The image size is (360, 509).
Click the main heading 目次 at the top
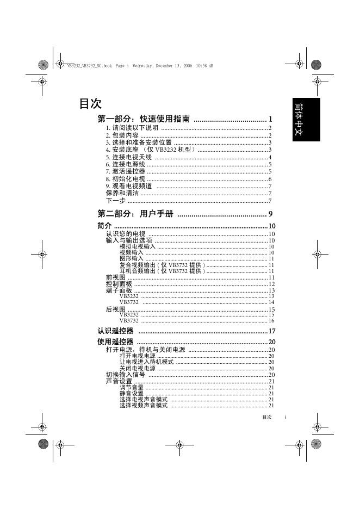pos(90,103)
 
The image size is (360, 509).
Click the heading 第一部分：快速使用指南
pos(144,119)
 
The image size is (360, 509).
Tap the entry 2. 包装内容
pos(122,135)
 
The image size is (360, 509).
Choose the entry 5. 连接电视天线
pos(129,157)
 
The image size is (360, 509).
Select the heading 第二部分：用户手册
pos(135,214)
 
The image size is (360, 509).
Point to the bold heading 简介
pos(104,226)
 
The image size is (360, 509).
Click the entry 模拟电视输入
pos(137,246)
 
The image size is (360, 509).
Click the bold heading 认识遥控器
pos(115,331)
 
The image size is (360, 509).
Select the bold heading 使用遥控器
pos(115,342)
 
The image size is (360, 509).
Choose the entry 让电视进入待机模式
pos(146,362)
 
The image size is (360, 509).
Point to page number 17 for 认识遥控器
pos(272,331)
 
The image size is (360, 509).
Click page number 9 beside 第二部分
pos(270,214)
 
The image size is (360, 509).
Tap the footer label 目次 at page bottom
pos(266,417)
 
